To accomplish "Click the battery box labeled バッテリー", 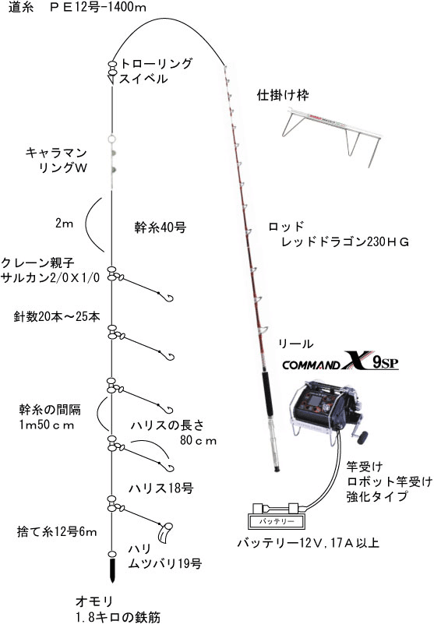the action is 275,521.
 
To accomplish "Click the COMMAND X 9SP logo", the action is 340,361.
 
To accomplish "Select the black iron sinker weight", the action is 113,570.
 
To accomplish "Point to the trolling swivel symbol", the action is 112,72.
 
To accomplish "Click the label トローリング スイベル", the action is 155,70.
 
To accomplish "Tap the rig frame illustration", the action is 331,133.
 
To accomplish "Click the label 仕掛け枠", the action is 283,94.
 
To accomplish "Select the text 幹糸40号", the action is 160,227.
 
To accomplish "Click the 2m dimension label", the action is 65,223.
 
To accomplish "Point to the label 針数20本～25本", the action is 57,316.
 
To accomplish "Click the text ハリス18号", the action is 161,488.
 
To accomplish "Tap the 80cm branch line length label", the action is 198,440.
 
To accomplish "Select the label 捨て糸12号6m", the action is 57,531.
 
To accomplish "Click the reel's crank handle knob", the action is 362,438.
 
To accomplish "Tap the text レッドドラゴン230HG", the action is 345,241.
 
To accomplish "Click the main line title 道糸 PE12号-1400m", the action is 77,7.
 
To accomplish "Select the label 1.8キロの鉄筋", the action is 118,617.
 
